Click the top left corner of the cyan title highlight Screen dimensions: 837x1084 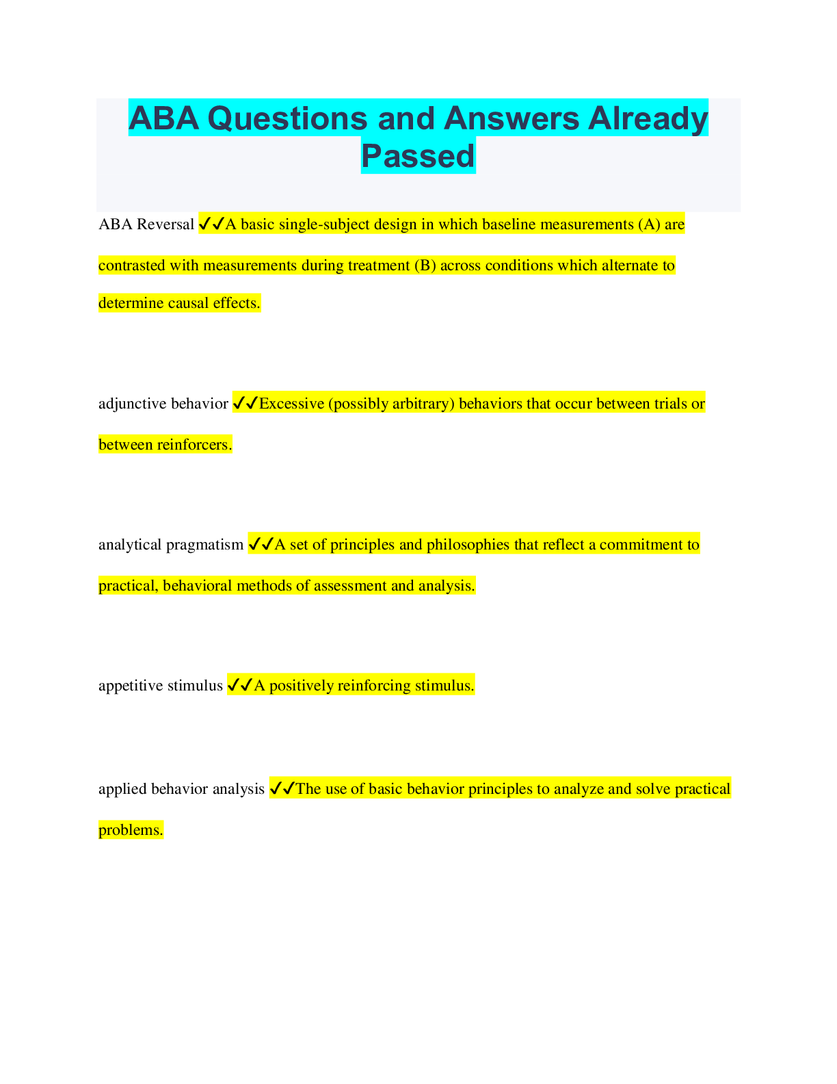(129, 99)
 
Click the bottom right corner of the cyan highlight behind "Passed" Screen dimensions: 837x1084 (475, 174)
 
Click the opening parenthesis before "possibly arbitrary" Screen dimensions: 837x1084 (330, 404)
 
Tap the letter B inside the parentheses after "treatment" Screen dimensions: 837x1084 (425, 266)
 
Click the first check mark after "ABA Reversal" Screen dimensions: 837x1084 (204, 224)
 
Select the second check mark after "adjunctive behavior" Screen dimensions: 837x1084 (252, 403)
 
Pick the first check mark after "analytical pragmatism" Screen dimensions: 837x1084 (254, 544)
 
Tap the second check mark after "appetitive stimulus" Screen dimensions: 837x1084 (247, 685)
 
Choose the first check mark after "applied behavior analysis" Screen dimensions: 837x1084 (276, 788)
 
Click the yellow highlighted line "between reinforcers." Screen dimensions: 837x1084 (165, 444)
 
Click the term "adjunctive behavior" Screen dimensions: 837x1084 (163, 404)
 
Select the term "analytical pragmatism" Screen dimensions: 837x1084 (171, 545)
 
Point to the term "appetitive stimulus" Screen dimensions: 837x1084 (161, 686)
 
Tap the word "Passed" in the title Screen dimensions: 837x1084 (418, 155)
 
